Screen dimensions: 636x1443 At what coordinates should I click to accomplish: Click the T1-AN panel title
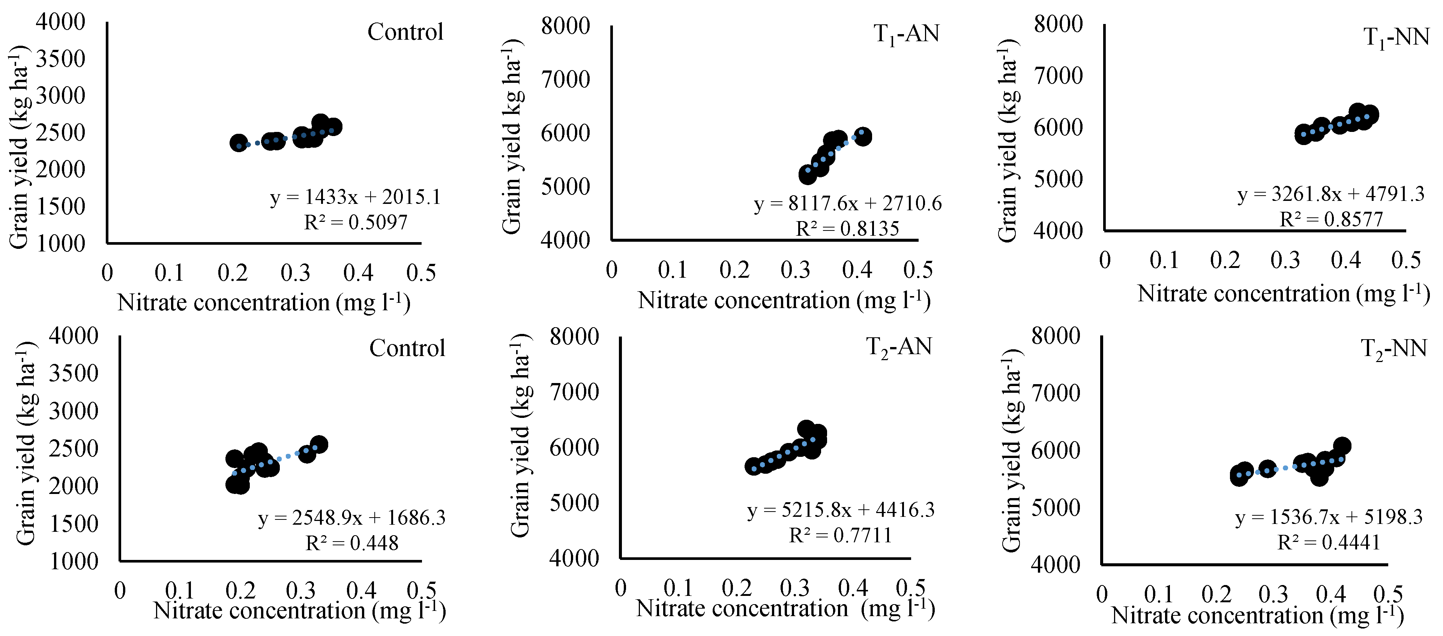click(906, 35)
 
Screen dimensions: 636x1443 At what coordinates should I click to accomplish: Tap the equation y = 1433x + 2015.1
click(355, 197)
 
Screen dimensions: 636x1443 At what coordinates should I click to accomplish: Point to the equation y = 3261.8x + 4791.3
click(1330, 194)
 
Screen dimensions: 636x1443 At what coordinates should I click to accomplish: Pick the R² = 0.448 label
click(352, 543)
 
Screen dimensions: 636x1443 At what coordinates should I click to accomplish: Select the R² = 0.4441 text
click(1329, 542)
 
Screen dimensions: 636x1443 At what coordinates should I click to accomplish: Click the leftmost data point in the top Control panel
click(239, 143)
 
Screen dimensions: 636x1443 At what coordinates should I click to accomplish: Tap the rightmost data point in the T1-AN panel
click(863, 136)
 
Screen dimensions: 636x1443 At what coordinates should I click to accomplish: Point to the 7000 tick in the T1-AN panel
click(565, 79)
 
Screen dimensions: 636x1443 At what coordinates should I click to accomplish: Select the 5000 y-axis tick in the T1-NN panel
click(1058, 179)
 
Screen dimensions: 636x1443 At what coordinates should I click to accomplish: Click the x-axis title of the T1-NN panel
click(1283, 293)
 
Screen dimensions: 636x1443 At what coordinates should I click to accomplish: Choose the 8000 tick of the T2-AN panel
click(574, 337)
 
